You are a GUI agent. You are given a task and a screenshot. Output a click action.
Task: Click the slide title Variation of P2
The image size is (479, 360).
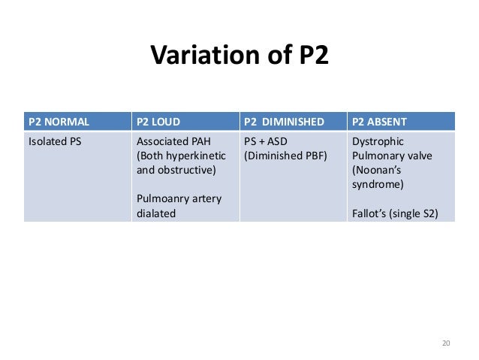(239, 56)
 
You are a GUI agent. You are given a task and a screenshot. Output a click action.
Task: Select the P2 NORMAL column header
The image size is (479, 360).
(59, 121)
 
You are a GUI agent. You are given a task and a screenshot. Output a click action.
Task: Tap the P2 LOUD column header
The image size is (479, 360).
(161, 121)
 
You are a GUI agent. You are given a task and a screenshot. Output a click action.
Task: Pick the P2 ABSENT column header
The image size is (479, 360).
(379, 121)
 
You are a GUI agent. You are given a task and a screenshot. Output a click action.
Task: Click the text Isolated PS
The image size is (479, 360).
(55, 141)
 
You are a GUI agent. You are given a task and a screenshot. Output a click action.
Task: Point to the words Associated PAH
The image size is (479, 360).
(172, 141)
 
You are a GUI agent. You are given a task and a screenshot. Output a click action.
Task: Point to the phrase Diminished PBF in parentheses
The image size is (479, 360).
(286, 156)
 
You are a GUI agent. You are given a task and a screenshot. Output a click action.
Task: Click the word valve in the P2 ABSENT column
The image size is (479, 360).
(415, 156)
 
